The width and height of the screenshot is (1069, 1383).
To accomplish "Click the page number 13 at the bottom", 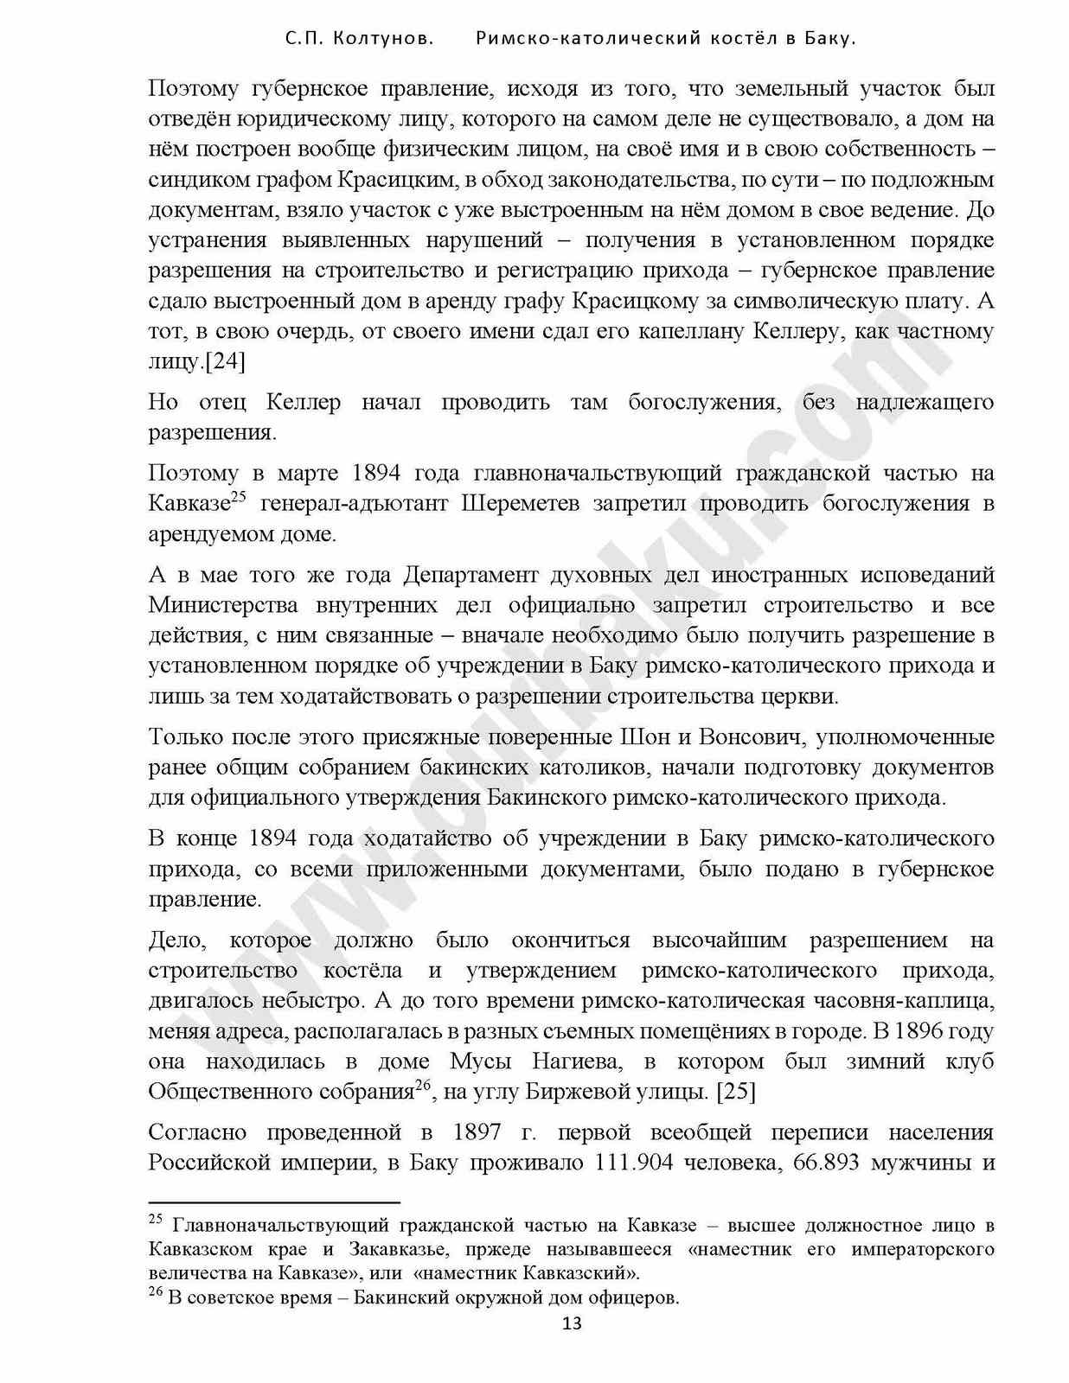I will [x=572, y=1324].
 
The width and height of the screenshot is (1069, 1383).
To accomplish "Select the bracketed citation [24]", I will [x=225, y=361].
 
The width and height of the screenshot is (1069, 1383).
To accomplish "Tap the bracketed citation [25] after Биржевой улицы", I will [x=736, y=1092].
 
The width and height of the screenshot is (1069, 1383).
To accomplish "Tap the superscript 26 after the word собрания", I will [x=423, y=1086].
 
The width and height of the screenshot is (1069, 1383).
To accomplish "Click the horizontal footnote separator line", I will [x=274, y=1201].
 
